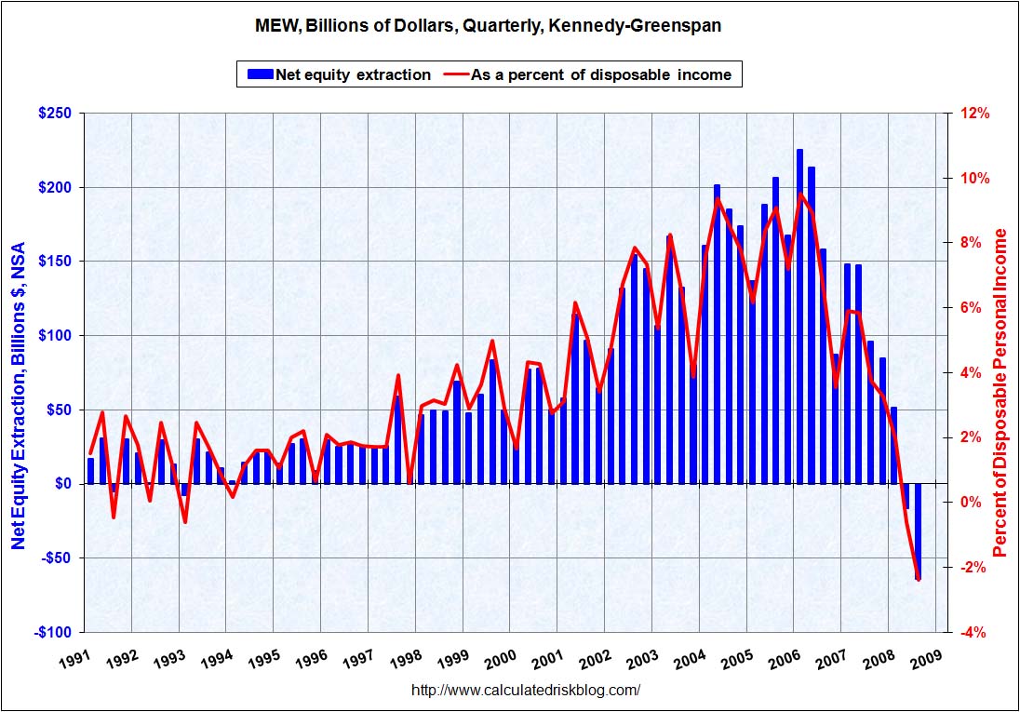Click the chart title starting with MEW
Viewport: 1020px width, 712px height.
click(x=488, y=26)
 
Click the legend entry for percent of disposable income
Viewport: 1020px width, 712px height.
click(x=601, y=74)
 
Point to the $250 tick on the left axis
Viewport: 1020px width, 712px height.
click(x=58, y=114)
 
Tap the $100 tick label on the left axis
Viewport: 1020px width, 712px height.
click(x=58, y=336)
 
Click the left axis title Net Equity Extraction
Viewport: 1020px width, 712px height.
click(x=18, y=372)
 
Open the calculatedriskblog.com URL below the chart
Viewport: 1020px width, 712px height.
click(x=526, y=690)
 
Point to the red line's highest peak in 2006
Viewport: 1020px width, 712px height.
click(x=800, y=195)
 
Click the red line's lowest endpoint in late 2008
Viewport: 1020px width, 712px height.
click(x=919, y=579)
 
